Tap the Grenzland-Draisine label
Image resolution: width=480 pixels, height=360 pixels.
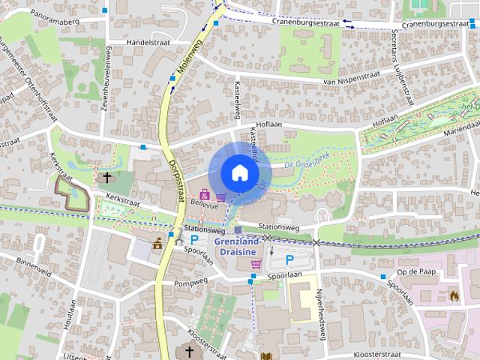237,247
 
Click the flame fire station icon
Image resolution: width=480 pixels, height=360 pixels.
454,295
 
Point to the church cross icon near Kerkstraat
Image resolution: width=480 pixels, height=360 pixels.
107,178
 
